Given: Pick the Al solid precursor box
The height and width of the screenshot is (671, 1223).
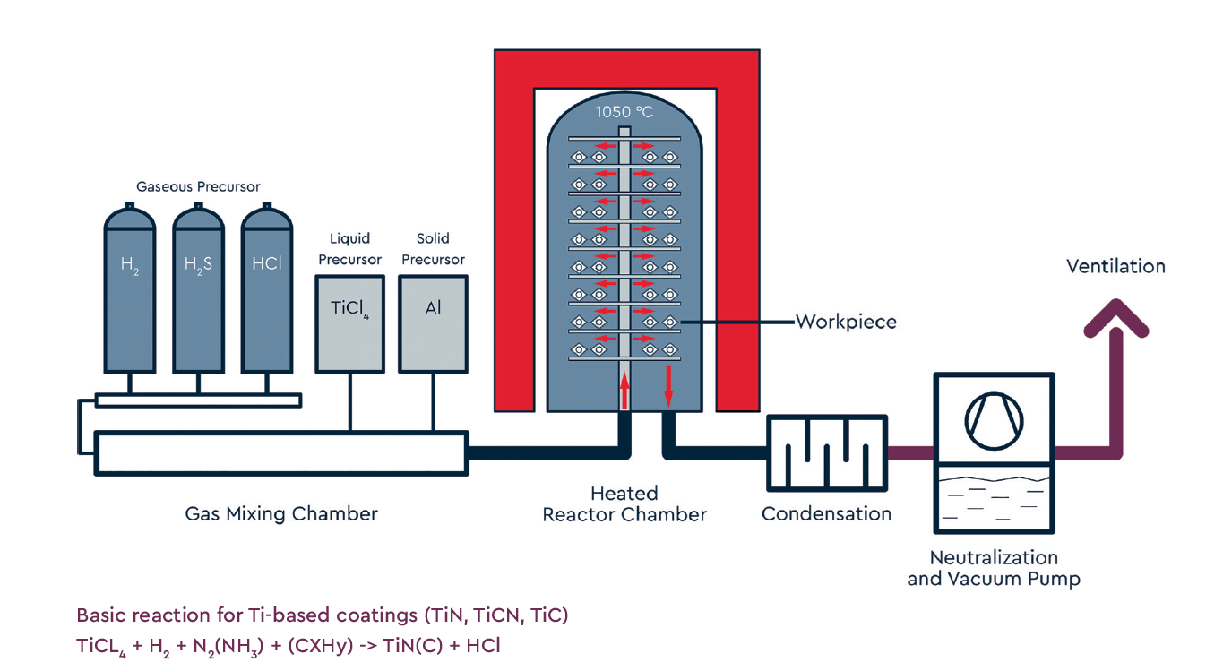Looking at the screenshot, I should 433,323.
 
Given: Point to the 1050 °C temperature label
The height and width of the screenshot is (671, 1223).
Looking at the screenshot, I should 624,112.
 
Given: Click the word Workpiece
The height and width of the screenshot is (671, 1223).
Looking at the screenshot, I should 846,322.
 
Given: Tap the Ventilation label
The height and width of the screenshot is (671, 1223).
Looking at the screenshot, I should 1115,266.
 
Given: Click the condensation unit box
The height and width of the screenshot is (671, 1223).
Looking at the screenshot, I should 826,453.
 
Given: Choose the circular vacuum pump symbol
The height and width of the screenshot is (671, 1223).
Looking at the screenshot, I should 994,418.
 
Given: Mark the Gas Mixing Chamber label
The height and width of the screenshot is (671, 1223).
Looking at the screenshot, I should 281,514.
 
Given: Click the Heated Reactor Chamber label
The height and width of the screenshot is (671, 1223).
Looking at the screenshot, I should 624,504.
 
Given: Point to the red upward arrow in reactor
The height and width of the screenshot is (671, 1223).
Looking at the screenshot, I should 624,391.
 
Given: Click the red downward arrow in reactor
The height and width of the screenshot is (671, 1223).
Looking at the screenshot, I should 668,385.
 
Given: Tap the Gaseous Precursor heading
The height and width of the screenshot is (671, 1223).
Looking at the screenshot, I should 198,187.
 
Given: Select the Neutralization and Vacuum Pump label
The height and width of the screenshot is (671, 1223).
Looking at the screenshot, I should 994,568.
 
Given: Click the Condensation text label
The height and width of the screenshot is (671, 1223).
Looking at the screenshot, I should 826,514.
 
